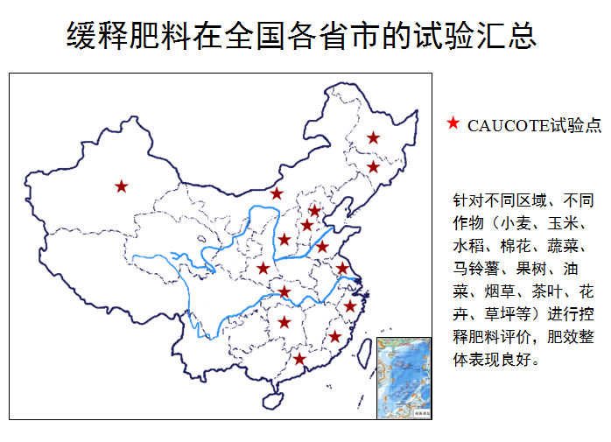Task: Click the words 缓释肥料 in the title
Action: click(x=130, y=36)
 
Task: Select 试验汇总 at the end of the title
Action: click(x=472, y=36)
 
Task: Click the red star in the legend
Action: click(x=453, y=124)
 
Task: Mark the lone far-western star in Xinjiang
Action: click(x=121, y=186)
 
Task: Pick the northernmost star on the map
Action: click(x=374, y=137)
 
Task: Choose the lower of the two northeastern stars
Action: click(x=373, y=167)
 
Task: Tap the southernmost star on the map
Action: click(x=299, y=359)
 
